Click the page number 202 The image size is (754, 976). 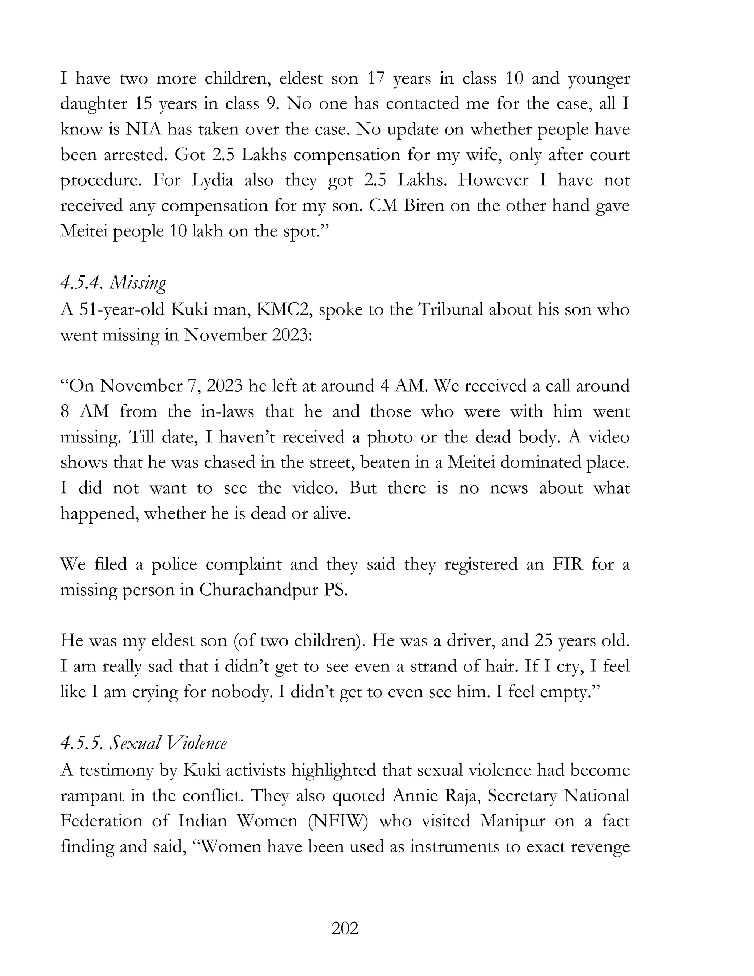click(x=345, y=928)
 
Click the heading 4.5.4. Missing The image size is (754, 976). click(x=113, y=283)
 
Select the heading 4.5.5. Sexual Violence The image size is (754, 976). click(x=143, y=744)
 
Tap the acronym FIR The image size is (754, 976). click(x=568, y=564)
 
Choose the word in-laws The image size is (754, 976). click(x=228, y=411)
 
